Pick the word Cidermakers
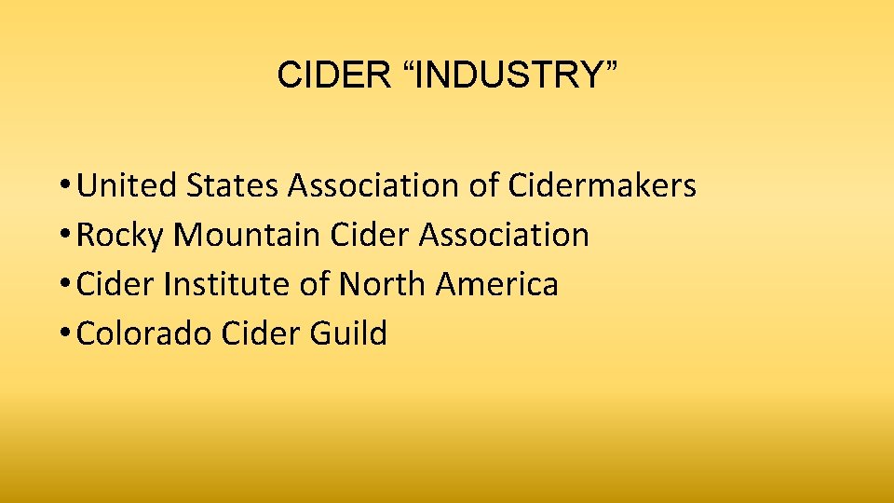603,186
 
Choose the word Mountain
248,236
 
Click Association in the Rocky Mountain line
505,236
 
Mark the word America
497,284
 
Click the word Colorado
144,333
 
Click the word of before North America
315,284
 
